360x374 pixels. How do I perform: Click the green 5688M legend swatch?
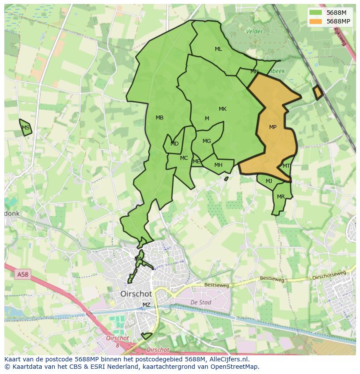[316, 13]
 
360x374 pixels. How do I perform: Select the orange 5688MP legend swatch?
[316, 21]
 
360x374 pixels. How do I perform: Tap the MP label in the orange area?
[273, 127]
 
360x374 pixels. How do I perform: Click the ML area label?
[218, 49]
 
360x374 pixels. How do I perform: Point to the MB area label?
[160, 118]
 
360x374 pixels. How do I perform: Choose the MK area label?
[223, 109]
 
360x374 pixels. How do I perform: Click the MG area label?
[207, 141]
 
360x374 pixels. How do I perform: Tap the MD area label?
[174, 144]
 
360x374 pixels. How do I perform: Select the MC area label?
[184, 158]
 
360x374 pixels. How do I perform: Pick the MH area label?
[218, 165]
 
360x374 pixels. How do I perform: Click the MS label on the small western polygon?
[26, 128]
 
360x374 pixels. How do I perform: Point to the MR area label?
[281, 197]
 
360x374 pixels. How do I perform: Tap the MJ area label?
[269, 181]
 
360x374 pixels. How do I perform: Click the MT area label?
[286, 166]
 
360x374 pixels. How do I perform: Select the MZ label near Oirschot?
[147, 305]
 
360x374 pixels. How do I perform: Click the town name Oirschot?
[136, 294]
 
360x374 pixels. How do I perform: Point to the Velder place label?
[254, 31]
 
